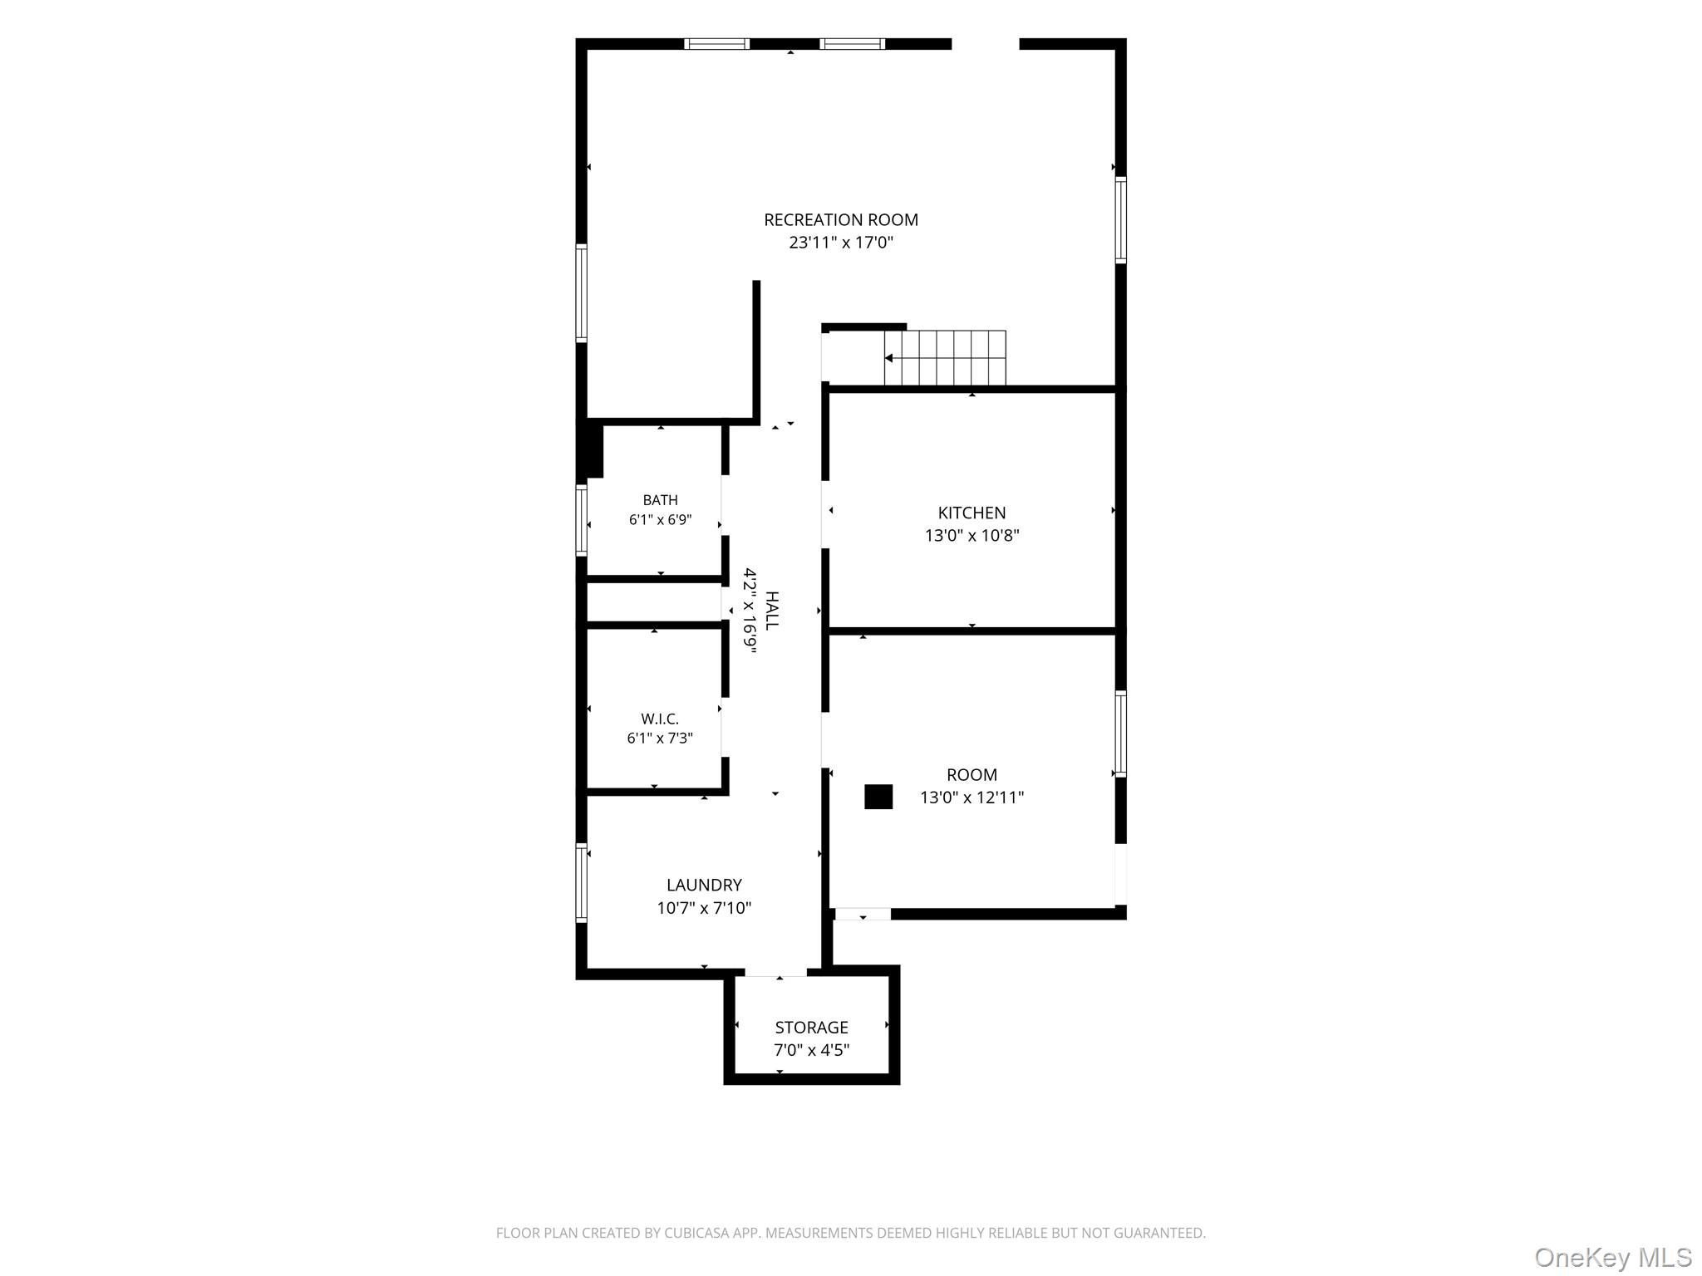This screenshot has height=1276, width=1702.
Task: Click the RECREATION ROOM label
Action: point(841,220)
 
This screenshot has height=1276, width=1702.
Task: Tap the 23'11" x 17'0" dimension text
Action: point(841,243)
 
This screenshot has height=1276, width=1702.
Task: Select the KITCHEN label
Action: point(972,513)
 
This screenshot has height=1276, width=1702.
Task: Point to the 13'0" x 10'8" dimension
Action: point(972,535)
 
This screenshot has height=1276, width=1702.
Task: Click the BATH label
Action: point(660,500)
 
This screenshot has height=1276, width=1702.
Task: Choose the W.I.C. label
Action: point(660,719)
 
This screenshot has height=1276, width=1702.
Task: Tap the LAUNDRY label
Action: point(704,885)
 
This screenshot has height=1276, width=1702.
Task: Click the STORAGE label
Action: point(811,1028)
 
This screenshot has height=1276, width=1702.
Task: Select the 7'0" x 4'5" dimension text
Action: point(811,1050)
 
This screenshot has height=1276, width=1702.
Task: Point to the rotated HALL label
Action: point(771,611)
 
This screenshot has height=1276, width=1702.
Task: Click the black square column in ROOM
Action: point(878,797)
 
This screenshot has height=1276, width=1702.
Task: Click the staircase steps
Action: point(945,358)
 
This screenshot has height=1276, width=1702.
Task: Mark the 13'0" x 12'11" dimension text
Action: point(972,797)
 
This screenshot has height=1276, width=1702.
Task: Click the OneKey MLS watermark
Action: point(1612,1258)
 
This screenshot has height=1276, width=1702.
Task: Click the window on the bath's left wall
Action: point(582,520)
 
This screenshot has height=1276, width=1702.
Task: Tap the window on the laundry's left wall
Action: point(582,882)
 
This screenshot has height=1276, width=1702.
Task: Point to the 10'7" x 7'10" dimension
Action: point(704,908)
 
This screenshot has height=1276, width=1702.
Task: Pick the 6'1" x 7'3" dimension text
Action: point(660,738)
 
